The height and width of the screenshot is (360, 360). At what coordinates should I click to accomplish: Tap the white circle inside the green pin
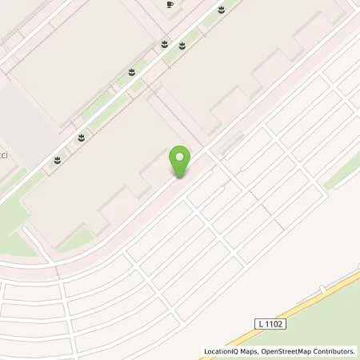coord(181,157)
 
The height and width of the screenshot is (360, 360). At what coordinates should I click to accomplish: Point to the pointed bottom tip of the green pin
coord(181,177)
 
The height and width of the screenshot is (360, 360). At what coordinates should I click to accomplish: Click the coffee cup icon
coord(170,5)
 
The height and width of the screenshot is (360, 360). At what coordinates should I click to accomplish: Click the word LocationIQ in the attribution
coord(222,351)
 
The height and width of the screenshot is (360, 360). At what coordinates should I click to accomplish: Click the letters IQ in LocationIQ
coord(235,351)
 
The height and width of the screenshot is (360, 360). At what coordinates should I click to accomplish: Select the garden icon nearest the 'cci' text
coord(57,160)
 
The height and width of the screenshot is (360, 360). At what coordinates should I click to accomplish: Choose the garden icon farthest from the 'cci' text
coord(220,10)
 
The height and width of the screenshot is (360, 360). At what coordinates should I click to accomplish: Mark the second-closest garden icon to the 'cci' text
coord(81,138)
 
